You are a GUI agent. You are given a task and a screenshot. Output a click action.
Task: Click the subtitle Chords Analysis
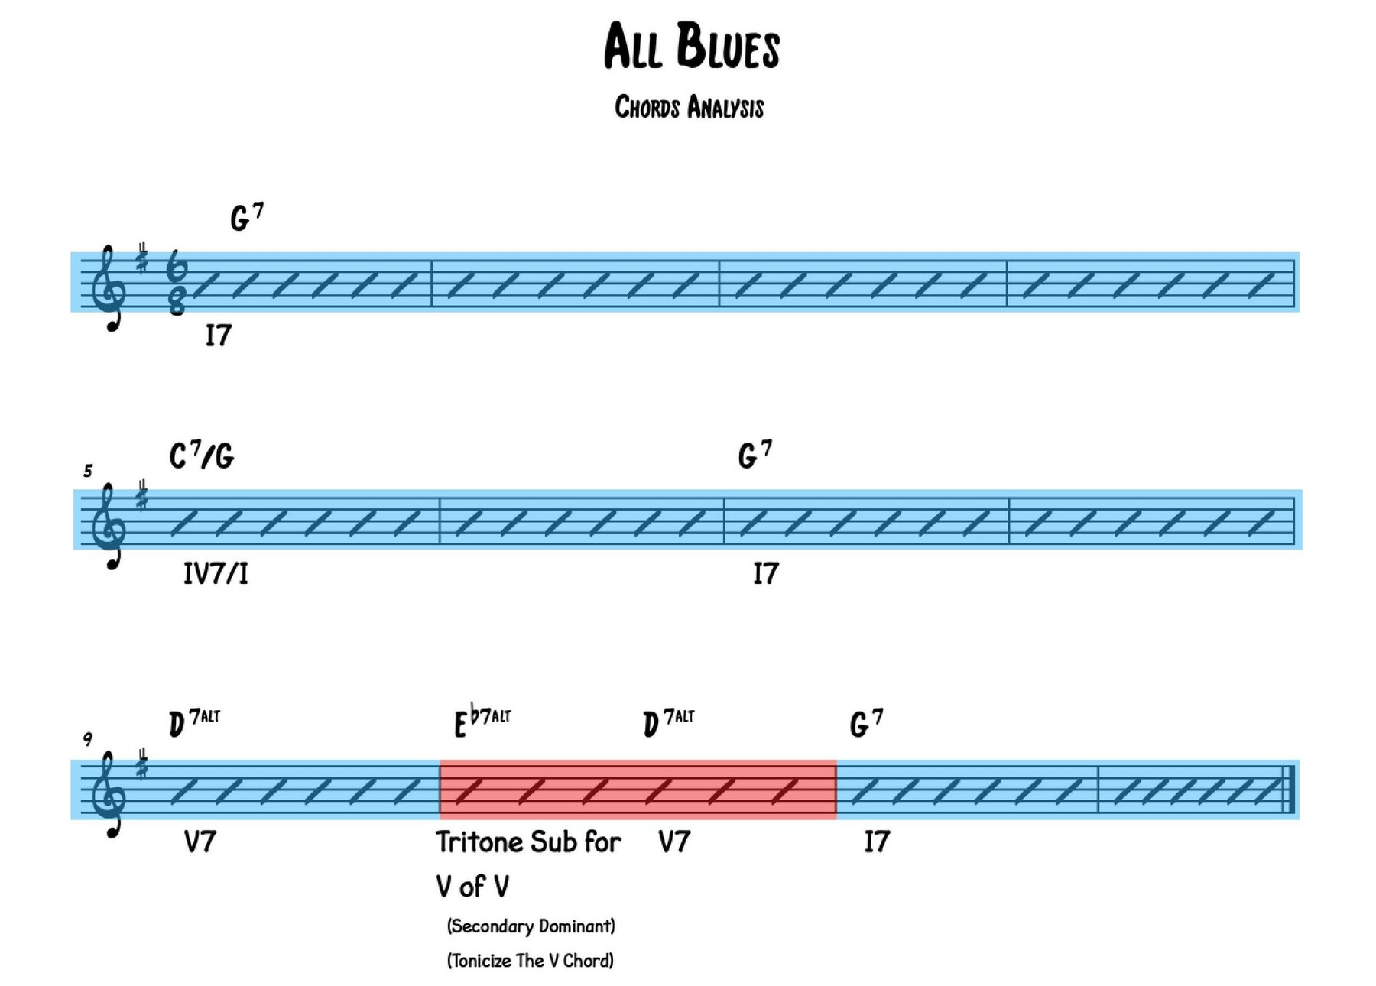[x=689, y=108]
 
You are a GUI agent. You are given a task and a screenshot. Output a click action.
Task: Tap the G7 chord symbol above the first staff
[x=246, y=217]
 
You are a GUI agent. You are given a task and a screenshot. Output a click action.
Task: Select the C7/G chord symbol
[x=202, y=456]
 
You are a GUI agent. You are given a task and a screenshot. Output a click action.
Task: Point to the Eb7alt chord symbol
[x=482, y=723]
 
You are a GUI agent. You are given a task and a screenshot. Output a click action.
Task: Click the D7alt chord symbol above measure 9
[x=193, y=723]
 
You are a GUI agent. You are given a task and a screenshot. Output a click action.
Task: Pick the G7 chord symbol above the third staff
[x=866, y=723]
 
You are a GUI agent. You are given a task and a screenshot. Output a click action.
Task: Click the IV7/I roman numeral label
[x=216, y=573]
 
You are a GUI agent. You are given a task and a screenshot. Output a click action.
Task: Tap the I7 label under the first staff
[x=218, y=335]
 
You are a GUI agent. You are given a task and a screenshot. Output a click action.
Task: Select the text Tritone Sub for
[x=528, y=842]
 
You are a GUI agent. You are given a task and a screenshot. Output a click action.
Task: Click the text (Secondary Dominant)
[x=531, y=926]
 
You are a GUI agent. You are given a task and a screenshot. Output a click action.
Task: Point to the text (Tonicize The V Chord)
[x=530, y=961]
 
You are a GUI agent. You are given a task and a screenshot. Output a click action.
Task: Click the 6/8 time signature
[x=177, y=283]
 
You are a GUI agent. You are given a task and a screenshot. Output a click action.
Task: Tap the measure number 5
[x=88, y=471]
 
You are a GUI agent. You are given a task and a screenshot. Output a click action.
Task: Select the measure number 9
[x=88, y=739]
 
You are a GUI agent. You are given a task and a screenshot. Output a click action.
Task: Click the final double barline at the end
[x=1289, y=789]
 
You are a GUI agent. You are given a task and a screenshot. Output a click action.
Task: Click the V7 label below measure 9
[x=200, y=842]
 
